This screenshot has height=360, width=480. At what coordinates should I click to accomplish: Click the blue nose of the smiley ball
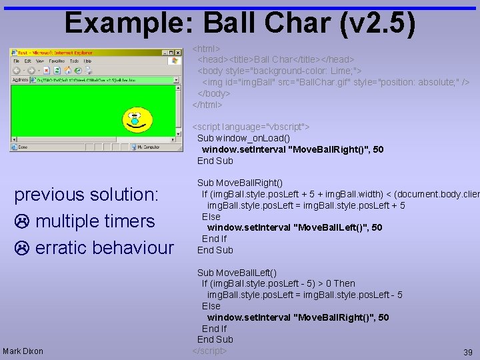135,121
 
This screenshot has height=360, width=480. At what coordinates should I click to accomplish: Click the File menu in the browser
17,61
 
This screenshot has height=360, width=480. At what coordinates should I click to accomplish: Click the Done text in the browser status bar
23,147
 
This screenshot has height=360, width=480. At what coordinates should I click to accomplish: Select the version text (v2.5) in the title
377,23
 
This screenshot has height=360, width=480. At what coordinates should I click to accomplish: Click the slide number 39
467,351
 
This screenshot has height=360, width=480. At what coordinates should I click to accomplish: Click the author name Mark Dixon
23,351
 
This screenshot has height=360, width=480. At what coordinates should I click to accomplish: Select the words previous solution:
87,195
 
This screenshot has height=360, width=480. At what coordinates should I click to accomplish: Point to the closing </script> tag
210,351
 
